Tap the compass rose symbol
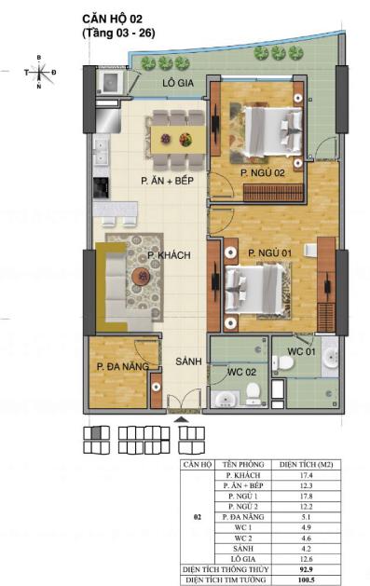(x=39, y=72)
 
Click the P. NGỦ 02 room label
(x=260, y=173)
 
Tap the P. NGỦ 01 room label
(x=269, y=252)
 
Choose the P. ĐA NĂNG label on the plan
(x=122, y=367)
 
